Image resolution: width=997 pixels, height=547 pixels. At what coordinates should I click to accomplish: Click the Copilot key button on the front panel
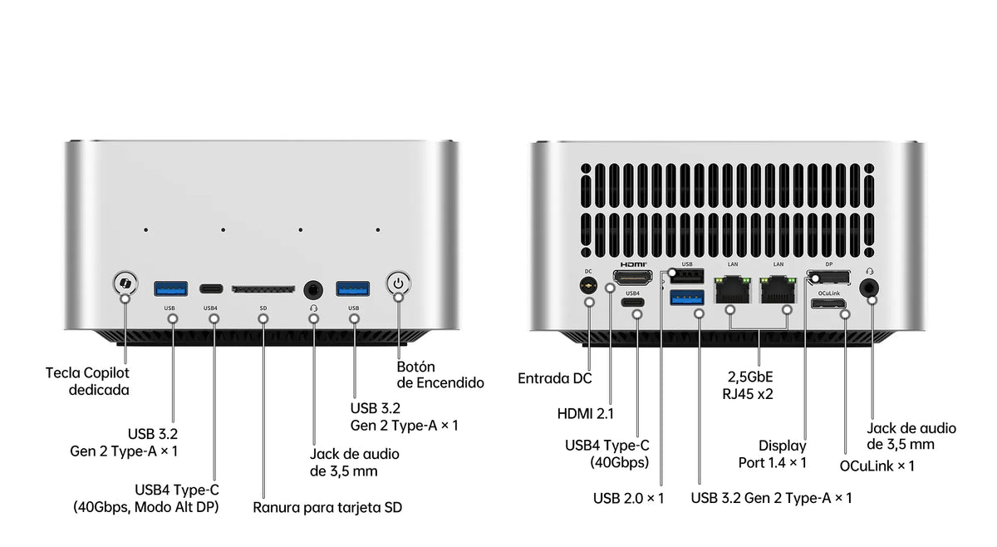[x=125, y=283]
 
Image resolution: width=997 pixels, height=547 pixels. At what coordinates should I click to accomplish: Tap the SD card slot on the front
[x=263, y=289]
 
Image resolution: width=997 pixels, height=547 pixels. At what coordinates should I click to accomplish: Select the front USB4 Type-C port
[x=211, y=288]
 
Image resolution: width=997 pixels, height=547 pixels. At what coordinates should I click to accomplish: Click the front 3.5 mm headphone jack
[x=313, y=289]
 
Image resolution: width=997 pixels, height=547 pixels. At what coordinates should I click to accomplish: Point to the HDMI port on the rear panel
[x=632, y=278]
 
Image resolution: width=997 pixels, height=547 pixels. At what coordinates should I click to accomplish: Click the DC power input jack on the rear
[x=589, y=284]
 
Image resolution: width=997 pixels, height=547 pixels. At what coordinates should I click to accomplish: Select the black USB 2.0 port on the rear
[x=687, y=276]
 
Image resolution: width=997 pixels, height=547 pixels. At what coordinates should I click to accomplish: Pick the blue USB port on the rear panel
[x=687, y=298]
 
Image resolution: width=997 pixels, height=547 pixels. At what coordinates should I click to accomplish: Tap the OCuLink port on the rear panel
[x=828, y=303]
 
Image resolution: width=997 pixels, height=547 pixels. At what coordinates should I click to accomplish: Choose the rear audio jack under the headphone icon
[x=869, y=288]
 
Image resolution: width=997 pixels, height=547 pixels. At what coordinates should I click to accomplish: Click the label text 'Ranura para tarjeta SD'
[x=327, y=507]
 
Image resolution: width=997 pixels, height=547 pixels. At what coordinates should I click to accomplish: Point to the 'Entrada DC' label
[x=555, y=378]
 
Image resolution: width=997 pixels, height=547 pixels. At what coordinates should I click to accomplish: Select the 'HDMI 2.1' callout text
[x=585, y=414]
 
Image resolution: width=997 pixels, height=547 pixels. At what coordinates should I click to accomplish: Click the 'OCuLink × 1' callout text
[x=877, y=466]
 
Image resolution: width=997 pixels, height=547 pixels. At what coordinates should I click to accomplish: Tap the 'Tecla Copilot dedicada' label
[x=87, y=382]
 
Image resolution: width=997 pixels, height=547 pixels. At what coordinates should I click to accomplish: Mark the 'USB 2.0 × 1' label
[x=628, y=498]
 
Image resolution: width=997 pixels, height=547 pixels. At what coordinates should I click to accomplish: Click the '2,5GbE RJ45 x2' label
[x=748, y=385]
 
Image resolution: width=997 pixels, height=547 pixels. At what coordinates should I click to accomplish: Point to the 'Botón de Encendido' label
[x=440, y=375]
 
